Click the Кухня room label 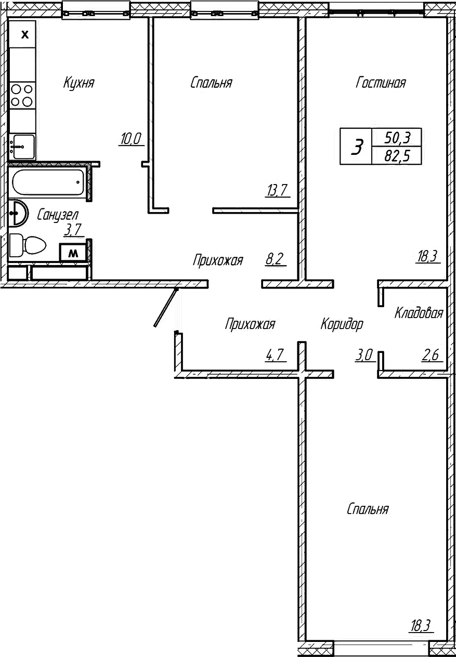pos(79,83)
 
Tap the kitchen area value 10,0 pos(131,139)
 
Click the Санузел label pos(57,214)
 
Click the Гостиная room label pos(381,83)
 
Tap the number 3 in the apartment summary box pos(357,147)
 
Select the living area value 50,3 pos(397,138)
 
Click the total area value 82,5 pos(397,155)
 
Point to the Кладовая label pos(419,313)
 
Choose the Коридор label pos(342,324)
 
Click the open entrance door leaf pos(166,308)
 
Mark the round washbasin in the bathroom pos(19,213)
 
